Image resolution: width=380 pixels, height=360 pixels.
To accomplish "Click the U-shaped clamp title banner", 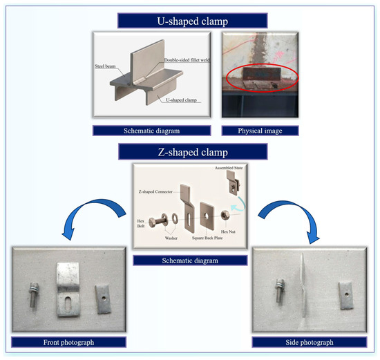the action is [x=193, y=21].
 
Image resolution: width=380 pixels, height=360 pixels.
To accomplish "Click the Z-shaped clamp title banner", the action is [x=193, y=152].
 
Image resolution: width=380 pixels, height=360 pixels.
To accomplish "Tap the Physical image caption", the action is [x=260, y=131].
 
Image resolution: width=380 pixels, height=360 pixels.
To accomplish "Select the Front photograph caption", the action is [x=68, y=342].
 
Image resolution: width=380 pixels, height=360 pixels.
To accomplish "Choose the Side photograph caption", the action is [x=310, y=342].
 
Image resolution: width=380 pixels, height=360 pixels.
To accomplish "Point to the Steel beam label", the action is [x=105, y=66].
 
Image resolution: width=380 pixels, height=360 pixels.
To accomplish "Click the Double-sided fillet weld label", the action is [x=187, y=60].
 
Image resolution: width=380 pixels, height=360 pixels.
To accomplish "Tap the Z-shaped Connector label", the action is [x=155, y=191].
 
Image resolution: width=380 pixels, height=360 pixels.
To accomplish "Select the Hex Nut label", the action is [x=228, y=231].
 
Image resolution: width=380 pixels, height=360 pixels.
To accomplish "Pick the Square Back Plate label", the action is [x=207, y=238].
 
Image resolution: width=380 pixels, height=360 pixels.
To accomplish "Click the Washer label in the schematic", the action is [x=171, y=238].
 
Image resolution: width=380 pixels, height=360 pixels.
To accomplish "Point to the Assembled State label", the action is [x=229, y=168].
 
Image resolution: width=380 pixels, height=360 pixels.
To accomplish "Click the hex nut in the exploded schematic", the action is [x=225, y=215].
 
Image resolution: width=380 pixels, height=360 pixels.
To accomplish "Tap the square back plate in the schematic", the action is [x=207, y=216].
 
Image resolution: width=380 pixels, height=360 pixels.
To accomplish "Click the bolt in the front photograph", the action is [x=33, y=294].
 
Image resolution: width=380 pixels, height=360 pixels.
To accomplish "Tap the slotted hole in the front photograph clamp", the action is [x=68, y=303].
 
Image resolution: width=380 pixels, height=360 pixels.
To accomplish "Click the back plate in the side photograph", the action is [x=346, y=295].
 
